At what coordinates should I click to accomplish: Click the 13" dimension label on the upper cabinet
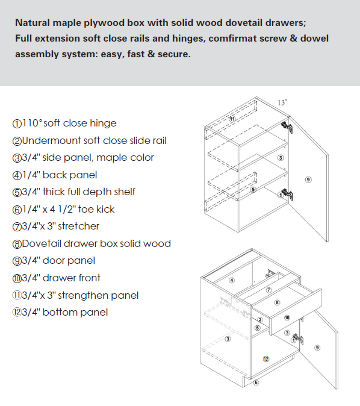282,103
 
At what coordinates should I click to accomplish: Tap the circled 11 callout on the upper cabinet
232,119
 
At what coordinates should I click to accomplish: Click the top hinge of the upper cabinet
287,127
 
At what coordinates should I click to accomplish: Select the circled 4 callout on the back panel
232,280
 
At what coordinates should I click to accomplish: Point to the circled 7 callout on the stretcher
268,290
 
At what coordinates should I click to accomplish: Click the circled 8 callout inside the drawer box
277,302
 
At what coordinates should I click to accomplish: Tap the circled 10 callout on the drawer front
287,317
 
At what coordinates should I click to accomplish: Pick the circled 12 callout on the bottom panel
266,359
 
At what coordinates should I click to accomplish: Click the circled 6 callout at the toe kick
256,383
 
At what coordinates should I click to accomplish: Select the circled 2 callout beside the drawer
260,320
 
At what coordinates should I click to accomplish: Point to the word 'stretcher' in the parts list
78,226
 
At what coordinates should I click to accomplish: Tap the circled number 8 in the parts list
17,244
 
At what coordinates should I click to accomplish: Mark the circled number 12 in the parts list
17,313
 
